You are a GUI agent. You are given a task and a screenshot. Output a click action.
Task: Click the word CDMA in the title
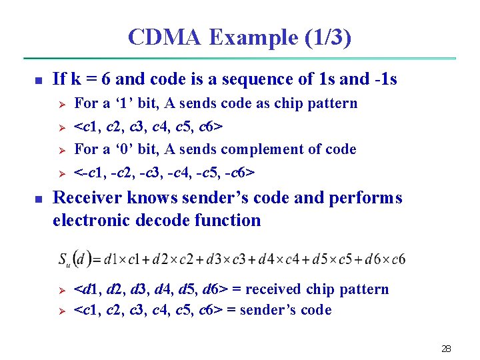164,37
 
